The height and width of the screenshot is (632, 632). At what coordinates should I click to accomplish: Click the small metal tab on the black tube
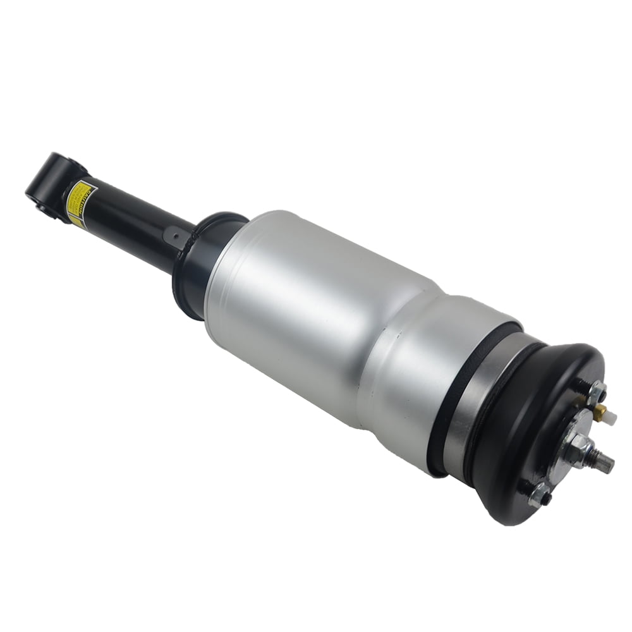[173, 237]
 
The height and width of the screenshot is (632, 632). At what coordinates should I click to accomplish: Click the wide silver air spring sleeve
[303, 310]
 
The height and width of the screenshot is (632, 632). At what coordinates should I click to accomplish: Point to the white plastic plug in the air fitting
[611, 416]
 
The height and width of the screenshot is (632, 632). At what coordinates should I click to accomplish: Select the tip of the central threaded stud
[609, 466]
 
